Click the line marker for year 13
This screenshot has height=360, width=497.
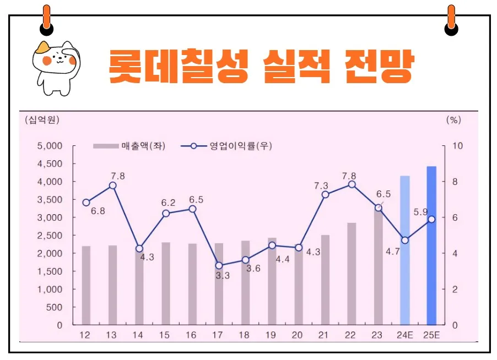(x=112, y=186)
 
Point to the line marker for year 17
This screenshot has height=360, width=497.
(x=219, y=265)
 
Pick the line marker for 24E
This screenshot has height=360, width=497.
(x=405, y=240)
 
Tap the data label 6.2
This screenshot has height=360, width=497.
(x=168, y=203)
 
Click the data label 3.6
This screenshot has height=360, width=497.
(x=253, y=269)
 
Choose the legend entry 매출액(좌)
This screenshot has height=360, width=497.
(x=129, y=146)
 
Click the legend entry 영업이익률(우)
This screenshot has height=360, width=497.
(x=231, y=146)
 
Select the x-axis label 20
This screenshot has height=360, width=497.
(x=298, y=335)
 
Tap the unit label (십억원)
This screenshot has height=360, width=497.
(x=42, y=119)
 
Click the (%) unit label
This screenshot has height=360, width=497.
(x=453, y=119)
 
